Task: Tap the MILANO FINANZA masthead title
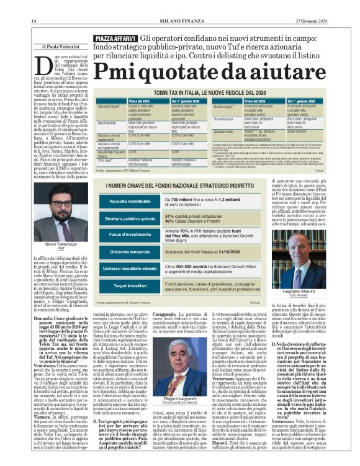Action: pos(179,23)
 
